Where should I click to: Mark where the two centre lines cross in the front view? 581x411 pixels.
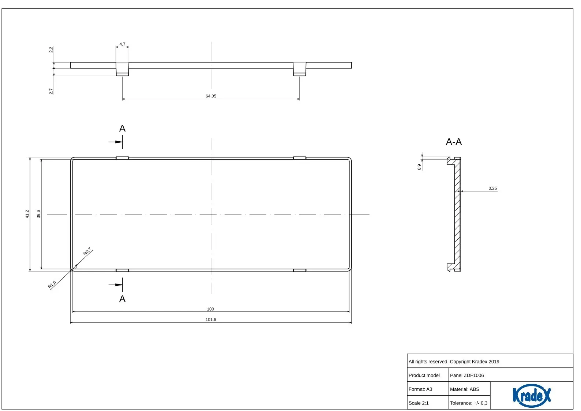(211, 214)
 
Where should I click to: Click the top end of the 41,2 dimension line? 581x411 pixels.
(30, 157)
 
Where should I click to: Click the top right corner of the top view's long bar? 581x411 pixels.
(352, 62)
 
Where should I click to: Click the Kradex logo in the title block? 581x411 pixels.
(532, 396)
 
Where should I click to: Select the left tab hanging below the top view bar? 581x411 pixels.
(123, 69)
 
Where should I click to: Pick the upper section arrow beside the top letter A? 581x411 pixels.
(116, 142)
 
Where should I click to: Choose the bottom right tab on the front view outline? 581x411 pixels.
(300, 270)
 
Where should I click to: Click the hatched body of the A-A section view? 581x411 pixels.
(458, 214)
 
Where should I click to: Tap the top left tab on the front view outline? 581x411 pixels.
(123, 158)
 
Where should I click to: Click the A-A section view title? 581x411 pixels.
(454, 142)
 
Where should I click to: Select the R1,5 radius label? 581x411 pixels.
(52, 285)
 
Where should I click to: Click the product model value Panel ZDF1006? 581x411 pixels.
(467, 375)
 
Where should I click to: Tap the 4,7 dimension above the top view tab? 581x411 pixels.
(123, 44)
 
